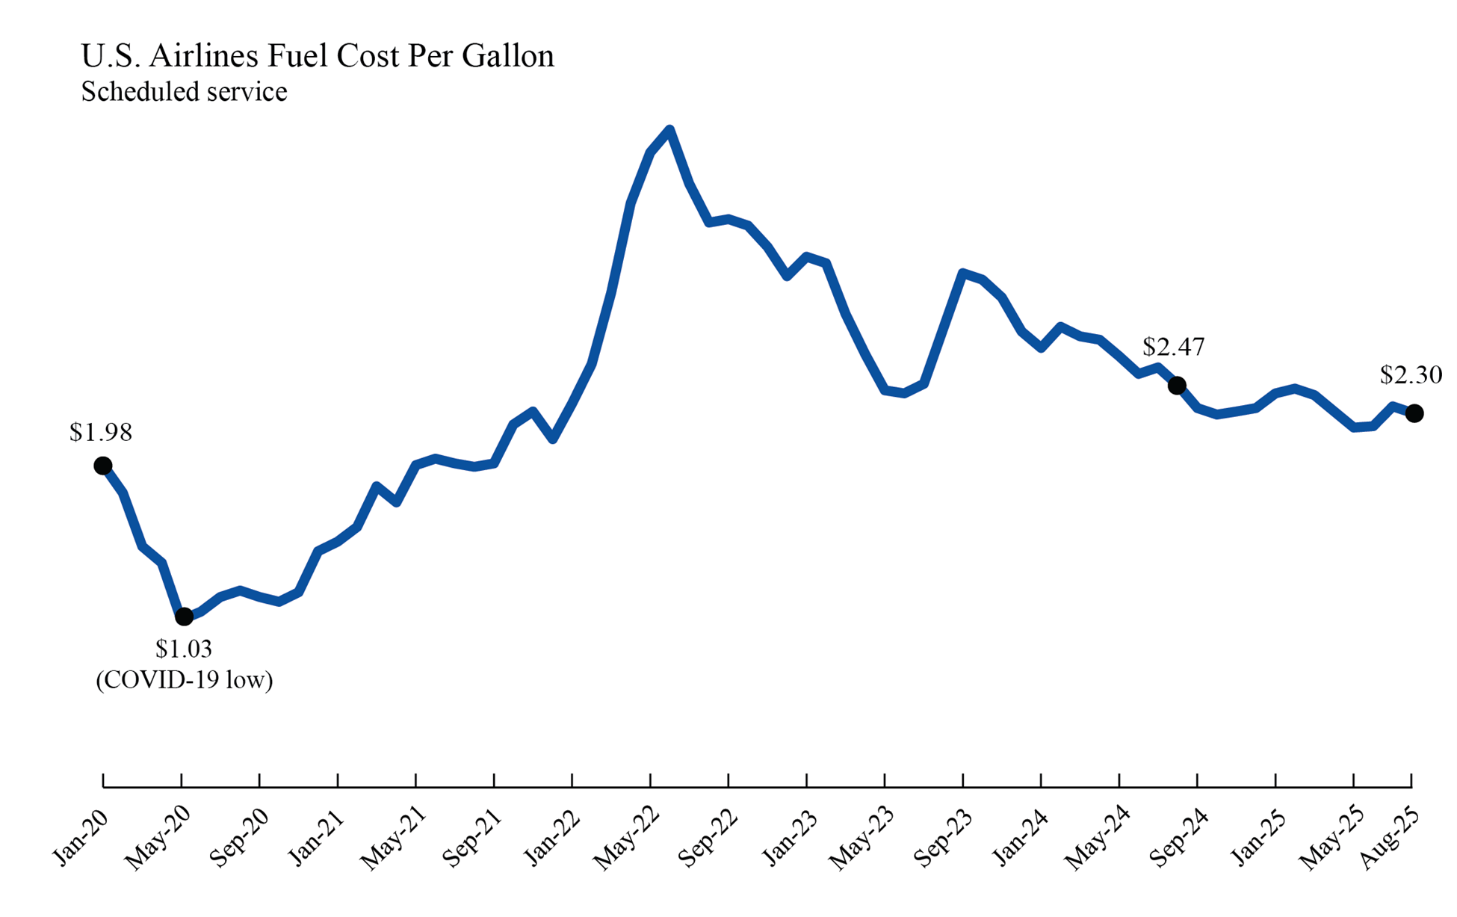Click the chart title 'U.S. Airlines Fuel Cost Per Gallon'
click(x=318, y=56)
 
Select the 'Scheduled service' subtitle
click(x=184, y=92)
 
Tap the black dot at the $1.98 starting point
click(x=103, y=466)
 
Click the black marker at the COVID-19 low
click(x=184, y=617)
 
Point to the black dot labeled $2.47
click(x=1177, y=386)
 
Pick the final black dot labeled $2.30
click(x=1414, y=413)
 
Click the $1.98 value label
click(x=101, y=432)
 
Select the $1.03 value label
click(x=184, y=649)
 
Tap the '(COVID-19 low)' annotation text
click(x=184, y=679)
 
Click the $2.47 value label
click(x=1173, y=347)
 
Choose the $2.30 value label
click(x=1411, y=374)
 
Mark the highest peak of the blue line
click(x=669, y=130)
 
